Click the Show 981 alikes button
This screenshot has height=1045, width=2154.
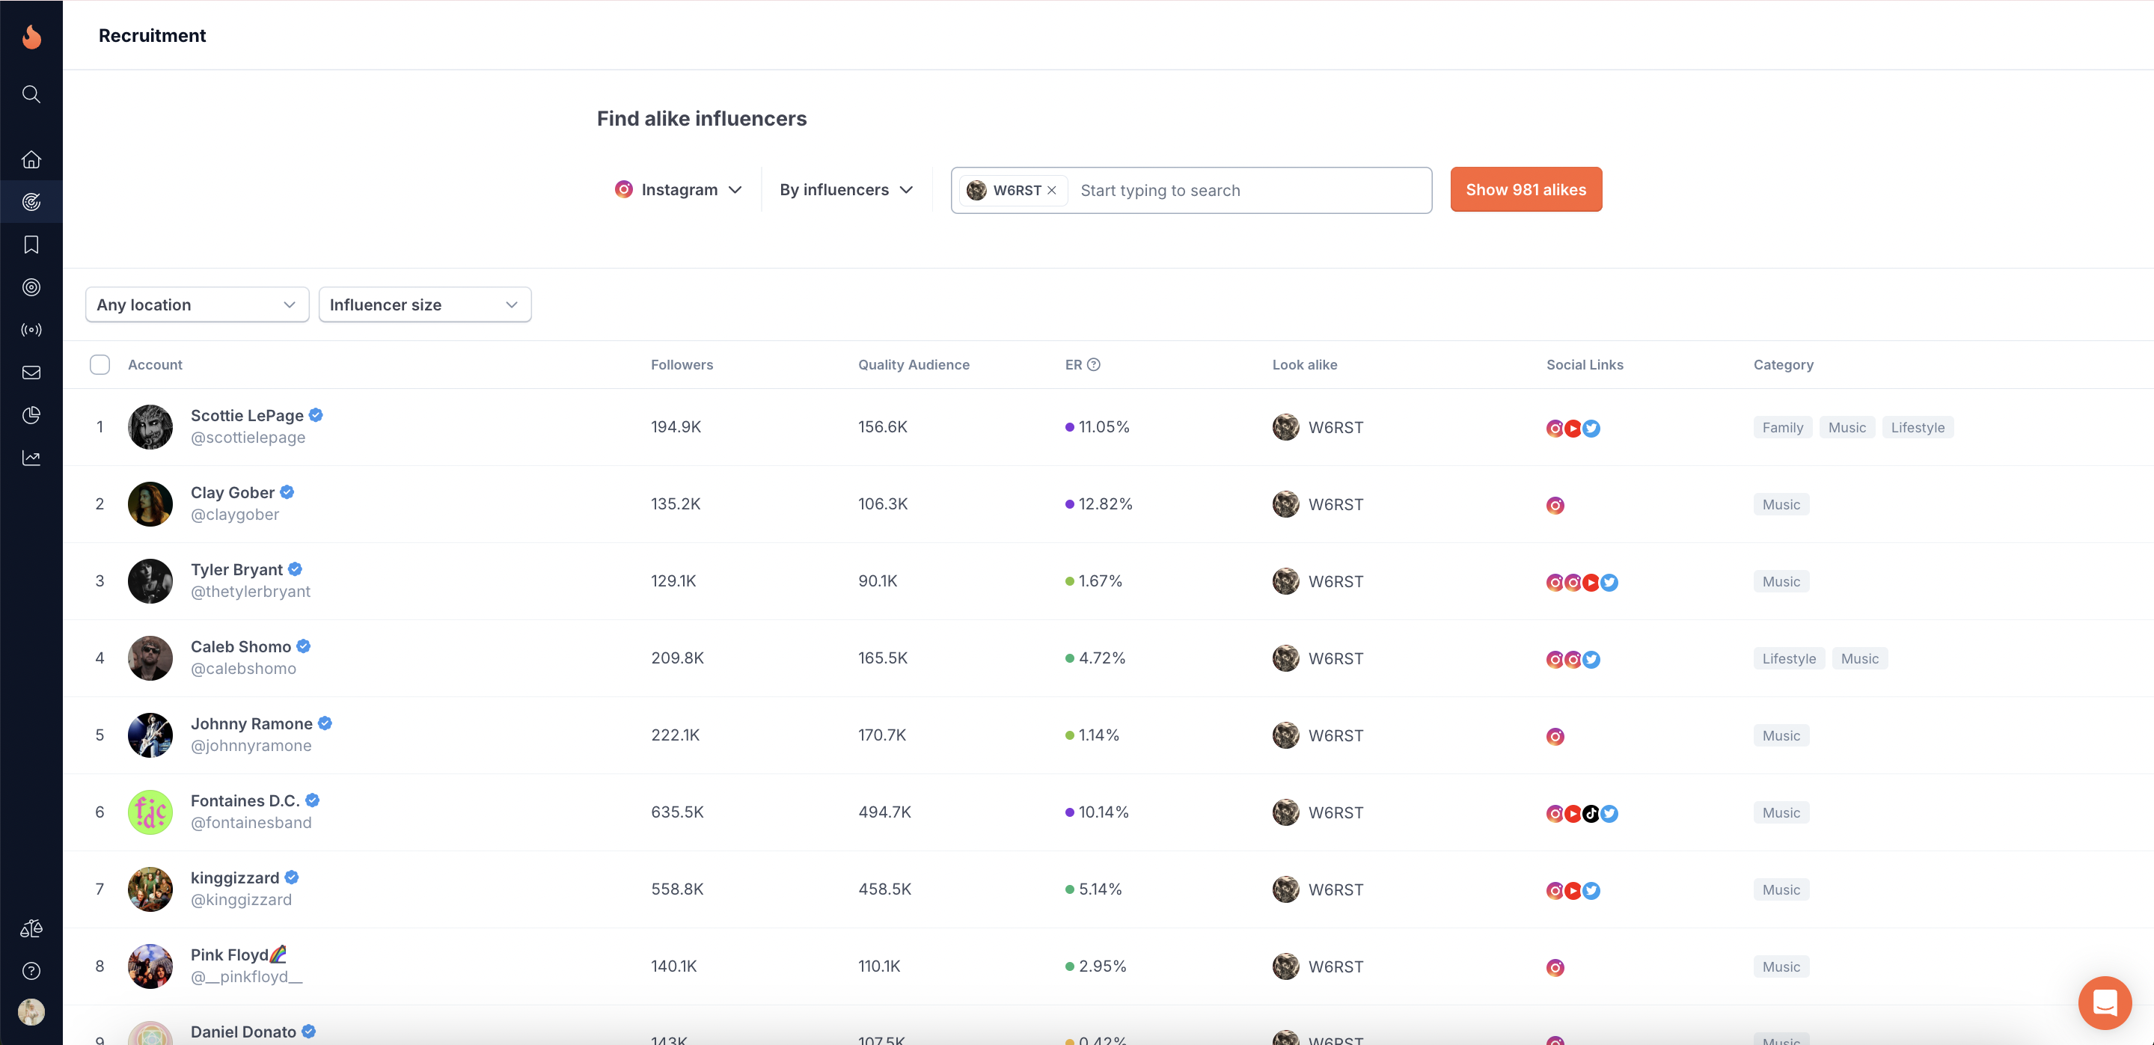tap(1526, 190)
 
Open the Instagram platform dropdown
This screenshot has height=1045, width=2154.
tap(678, 190)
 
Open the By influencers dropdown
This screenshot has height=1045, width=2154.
tap(845, 190)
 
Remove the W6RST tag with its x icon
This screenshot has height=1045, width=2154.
tap(1052, 191)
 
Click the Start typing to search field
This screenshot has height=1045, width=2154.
tap(1246, 191)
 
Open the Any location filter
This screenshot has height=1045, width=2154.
tap(197, 305)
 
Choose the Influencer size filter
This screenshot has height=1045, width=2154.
tap(425, 305)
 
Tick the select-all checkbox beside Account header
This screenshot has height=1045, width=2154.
tap(100, 364)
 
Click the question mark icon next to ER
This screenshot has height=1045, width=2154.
tap(1094, 364)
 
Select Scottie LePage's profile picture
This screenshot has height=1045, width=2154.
tap(150, 427)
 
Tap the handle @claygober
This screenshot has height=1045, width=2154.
tap(235, 515)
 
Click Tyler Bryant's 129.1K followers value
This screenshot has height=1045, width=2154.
tap(674, 581)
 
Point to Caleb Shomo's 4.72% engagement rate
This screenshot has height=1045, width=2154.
tap(1101, 658)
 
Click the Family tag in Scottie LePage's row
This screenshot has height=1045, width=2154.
tap(1782, 428)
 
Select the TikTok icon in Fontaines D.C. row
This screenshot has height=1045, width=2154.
tap(1591, 813)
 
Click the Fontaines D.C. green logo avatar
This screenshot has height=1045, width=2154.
tap(150, 812)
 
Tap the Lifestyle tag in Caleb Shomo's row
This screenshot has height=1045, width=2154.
tap(1789, 659)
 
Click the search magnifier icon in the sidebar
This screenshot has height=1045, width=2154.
tap(31, 94)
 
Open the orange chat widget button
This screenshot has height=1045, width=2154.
tap(2105, 1002)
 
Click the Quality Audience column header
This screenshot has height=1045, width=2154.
tap(913, 364)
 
